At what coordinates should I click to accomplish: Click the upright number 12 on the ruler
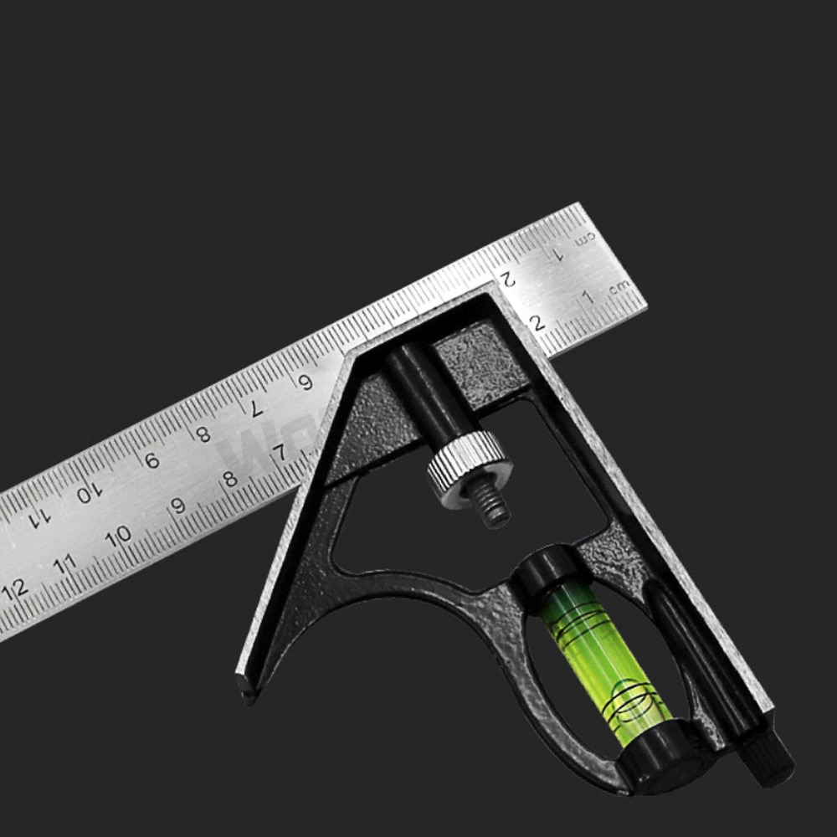15,587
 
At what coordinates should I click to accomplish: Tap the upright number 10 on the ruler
119,534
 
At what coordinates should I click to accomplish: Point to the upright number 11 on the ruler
64,562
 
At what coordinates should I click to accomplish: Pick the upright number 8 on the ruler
230,480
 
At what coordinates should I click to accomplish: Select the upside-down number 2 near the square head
506,278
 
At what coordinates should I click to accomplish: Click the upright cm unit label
619,287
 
